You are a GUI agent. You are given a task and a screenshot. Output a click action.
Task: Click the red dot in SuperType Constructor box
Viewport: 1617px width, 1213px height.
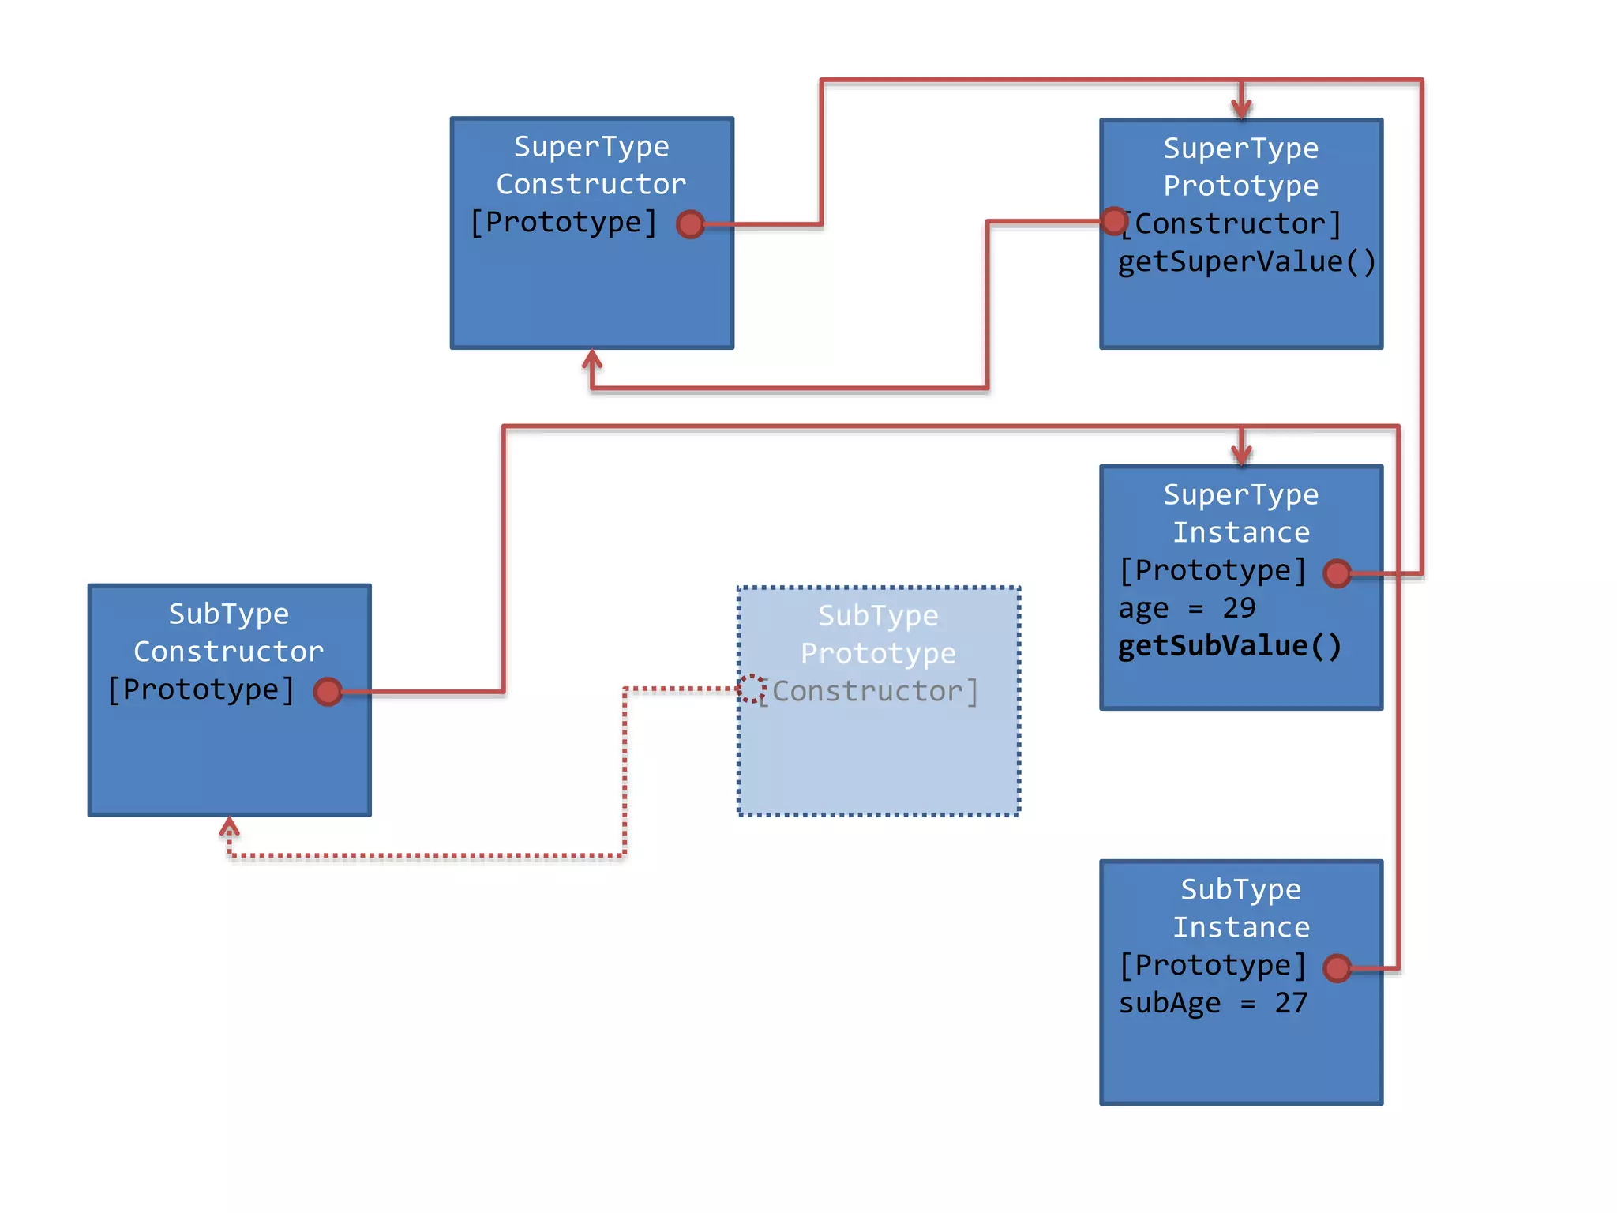(691, 224)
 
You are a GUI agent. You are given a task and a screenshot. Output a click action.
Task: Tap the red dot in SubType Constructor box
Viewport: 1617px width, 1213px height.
(328, 692)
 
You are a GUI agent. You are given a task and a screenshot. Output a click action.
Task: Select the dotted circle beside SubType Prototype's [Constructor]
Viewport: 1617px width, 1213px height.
(752, 689)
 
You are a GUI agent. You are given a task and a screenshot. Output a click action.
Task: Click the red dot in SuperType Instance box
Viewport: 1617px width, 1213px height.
(1337, 573)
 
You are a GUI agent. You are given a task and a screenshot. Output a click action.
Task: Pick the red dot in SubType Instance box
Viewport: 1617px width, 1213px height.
(1337, 967)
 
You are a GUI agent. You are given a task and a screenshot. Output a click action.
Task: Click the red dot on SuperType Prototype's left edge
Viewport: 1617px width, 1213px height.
(1114, 221)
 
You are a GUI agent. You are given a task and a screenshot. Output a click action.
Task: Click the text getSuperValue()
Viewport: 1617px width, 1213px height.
(1247, 261)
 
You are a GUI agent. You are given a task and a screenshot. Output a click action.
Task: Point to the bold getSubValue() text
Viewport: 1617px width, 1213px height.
(1229, 646)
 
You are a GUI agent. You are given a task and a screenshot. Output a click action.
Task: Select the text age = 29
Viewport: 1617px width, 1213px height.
(1187, 608)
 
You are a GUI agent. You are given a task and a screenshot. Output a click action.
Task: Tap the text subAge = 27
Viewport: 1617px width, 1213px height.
(1213, 1003)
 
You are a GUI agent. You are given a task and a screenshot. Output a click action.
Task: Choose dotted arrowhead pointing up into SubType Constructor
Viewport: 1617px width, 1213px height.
(229, 826)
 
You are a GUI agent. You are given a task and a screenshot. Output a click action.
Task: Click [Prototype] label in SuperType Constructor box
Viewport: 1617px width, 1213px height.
(564, 223)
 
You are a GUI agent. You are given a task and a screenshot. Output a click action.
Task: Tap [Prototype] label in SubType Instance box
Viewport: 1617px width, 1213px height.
(1213, 965)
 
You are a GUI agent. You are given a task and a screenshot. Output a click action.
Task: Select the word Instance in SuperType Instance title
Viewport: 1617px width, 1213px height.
(1241, 532)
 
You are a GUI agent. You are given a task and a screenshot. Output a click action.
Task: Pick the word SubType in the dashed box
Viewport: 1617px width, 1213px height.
(878, 615)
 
